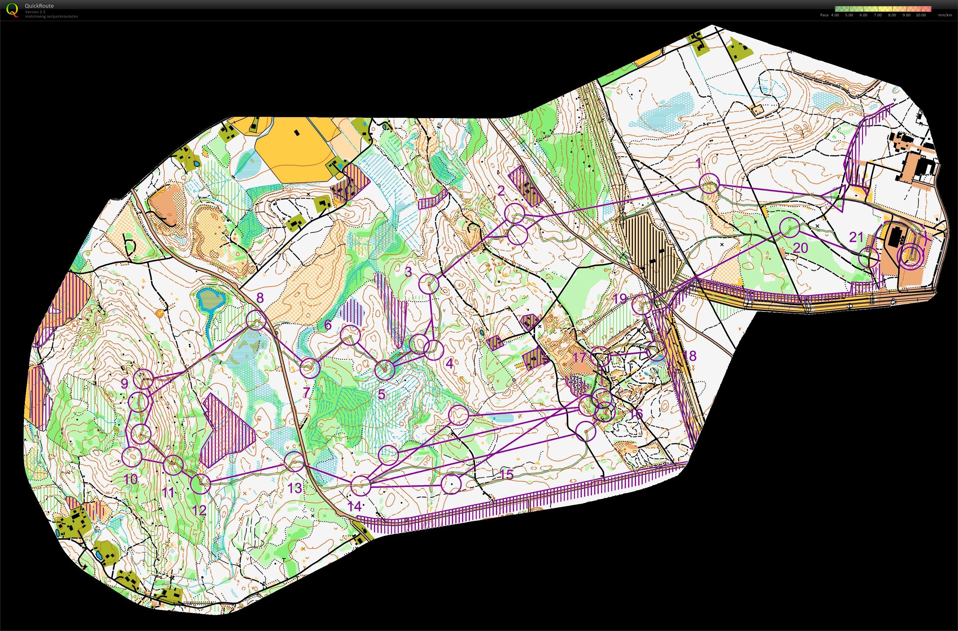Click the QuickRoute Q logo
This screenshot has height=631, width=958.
click(x=12, y=10)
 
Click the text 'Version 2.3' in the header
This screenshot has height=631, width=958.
click(x=35, y=12)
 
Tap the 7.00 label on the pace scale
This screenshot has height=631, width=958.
click(x=878, y=15)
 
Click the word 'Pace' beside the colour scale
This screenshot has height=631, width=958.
click(x=824, y=15)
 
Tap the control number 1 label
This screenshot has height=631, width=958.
click(x=699, y=163)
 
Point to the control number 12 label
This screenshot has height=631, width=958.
click(x=199, y=511)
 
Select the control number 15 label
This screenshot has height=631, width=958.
click(x=506, y=474)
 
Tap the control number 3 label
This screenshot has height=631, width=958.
click(x=408, y=272)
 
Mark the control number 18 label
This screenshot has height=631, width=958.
click(x=690, y=356)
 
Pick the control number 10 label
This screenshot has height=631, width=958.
click(x=131, y=479)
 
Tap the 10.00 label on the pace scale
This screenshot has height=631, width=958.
click(x=921, y=15)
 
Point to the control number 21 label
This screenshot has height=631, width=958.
click(x=856, y=237)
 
